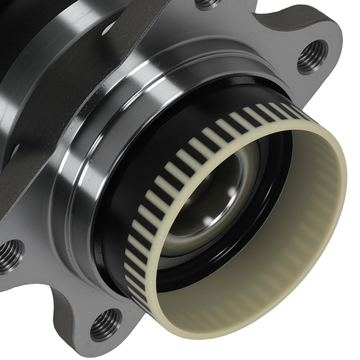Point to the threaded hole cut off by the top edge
(209, 3)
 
